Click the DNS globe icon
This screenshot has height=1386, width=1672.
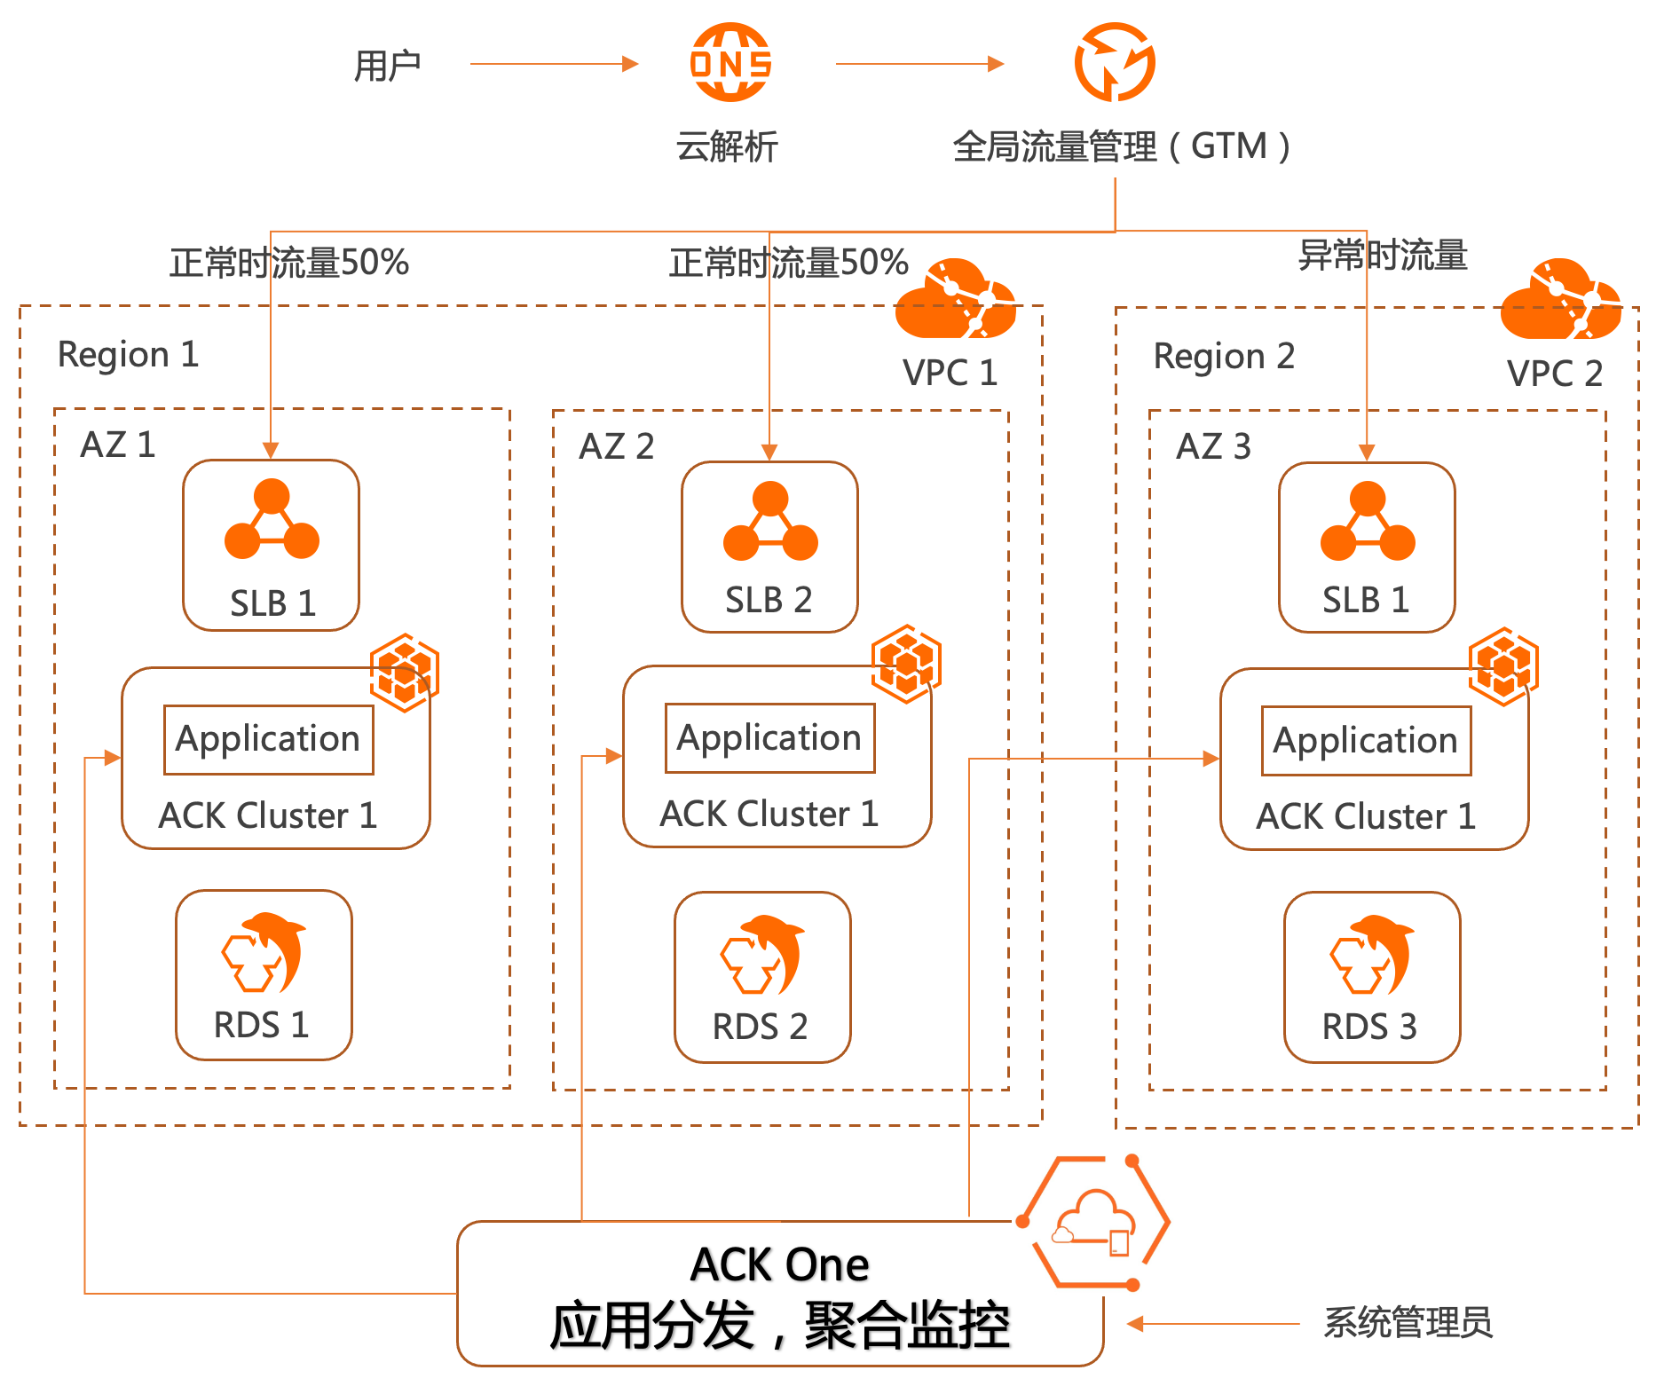[x=730, y=62]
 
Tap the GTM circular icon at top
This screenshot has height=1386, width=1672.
[x=1115, y=62]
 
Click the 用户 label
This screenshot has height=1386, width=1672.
[x=387, y=66]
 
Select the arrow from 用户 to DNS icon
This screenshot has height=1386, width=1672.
[x=554, y=64]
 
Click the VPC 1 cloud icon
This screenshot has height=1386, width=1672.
[x=956, y=299]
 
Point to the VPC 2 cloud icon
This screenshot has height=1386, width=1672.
[x=1560, y=300]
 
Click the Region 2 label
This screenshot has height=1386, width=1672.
[x=1224, y=356]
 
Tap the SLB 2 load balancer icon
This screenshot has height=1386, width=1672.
[x=769, y=522]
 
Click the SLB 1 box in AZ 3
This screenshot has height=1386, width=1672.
[x=1367, y=547]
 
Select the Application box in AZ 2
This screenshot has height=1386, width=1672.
[x=769, y=738]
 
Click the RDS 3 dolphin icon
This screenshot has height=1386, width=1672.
[x=1372, y=955]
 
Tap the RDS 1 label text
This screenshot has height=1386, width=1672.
[x=261, y=1025]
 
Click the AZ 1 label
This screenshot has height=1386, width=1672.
[x=117, y=445]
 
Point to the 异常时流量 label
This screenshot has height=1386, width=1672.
[x=1382, y=256]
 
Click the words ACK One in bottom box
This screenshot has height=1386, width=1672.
[x=779, y=1264]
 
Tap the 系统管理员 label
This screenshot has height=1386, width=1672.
[x=1408, y=1322]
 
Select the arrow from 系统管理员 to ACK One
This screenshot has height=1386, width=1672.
[x=1214, y=1324]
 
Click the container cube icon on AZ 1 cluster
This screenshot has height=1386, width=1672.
[x=405, y=673]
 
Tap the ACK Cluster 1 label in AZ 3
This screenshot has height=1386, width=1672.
[x=1365, y=816]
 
